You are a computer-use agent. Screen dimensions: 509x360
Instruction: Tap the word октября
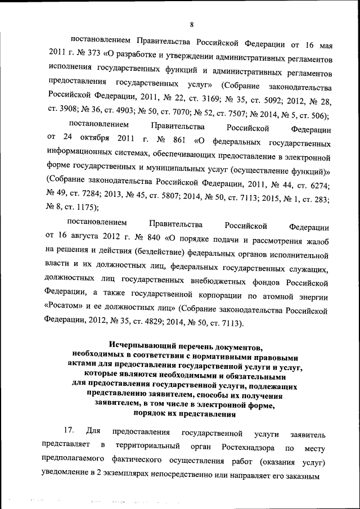[89, 138]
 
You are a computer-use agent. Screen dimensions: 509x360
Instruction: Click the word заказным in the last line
[301, 475]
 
